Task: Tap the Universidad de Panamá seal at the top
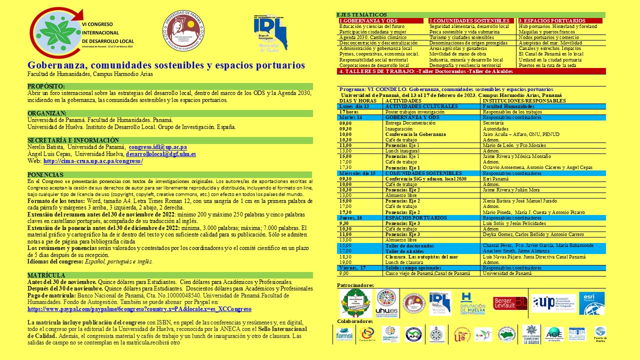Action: (183, 30)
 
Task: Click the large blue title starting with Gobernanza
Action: (166, 65)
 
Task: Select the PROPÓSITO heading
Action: (46, 86)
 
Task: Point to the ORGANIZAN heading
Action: (47, 113)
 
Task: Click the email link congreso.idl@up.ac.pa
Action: (157, 147)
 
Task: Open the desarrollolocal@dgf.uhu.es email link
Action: (160, 154)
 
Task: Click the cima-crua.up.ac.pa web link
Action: (93, 161)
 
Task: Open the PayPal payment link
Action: (139, 309)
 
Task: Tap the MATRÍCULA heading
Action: (46, 275)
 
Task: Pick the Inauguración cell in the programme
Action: (399, 128)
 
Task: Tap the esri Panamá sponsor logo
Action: (591, 303)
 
